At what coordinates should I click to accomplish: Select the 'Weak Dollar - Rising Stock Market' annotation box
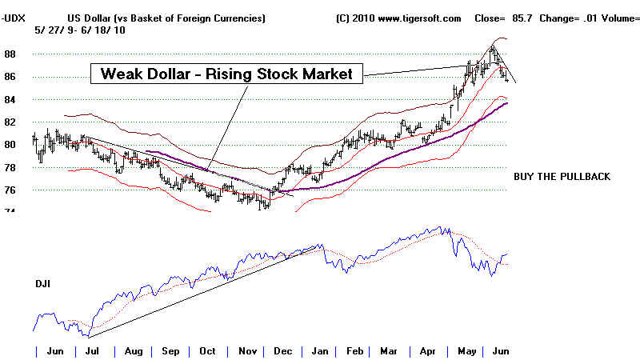(x=227, y=74)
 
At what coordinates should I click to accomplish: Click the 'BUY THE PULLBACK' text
(x=561, y=175)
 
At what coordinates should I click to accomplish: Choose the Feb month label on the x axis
(x=353, y=351)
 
